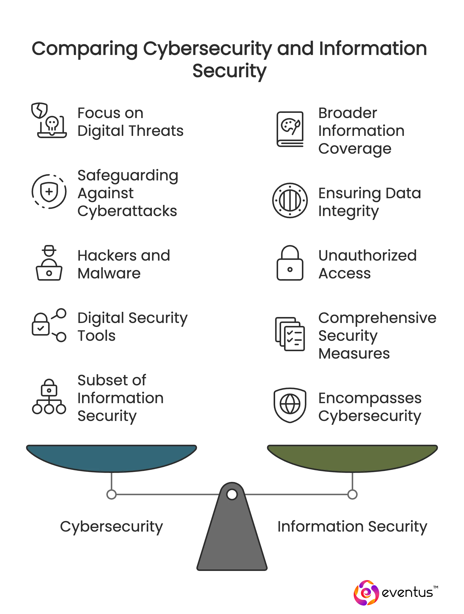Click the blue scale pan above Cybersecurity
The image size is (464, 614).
coord(111,457)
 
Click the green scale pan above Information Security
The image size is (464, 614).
coord(352,457)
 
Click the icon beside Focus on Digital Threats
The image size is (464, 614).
coord(49,121)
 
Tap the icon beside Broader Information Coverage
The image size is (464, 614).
coord(290,129)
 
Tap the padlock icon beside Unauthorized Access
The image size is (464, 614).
coord(290,263)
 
